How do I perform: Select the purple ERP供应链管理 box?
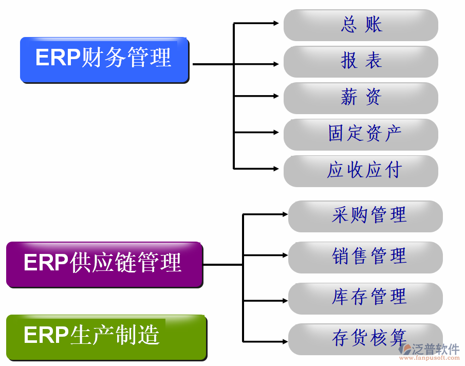coord(104,264)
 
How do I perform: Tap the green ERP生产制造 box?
coord(106,336)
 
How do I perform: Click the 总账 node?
coord(361,25)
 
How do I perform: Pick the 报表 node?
coord(361,61)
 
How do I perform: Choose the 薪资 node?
coord(361,98)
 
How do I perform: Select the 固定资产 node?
coord(361,134)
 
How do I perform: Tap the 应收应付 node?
coord(361,171)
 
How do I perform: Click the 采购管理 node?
coord(365,216)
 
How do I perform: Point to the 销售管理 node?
coord(365,257)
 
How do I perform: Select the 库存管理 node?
coord(365,298)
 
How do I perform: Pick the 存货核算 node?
coord(365,339)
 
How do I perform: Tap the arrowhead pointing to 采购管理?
coord(284,213)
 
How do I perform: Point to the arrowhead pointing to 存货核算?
coord(284,341)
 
